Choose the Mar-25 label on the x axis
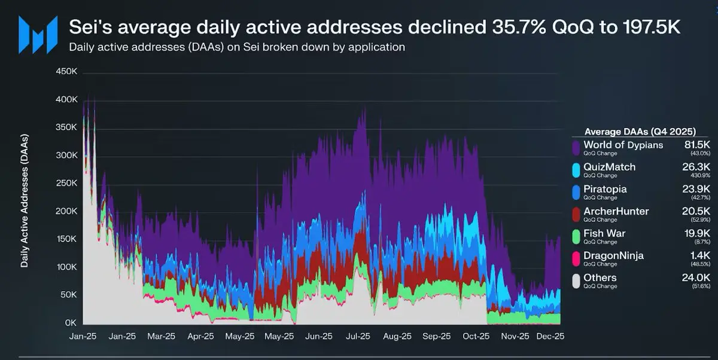pos(161,337)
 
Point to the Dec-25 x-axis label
pos(549,337)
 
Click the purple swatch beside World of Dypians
pos(576,148)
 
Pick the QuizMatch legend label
pos(609,167)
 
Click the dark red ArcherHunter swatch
pos(576,213)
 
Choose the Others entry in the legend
pos(600,277)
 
